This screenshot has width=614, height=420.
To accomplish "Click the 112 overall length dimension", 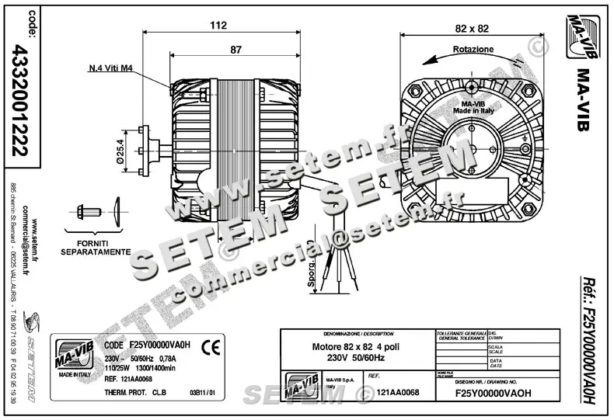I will pos(218,26).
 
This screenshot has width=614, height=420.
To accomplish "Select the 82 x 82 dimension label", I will pos(472,29).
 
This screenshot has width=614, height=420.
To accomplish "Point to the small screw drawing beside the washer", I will pos(87,210).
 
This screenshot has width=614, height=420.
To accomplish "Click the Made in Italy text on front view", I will pos(473,111).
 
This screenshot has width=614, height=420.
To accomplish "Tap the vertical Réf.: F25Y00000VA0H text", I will pos(590,341).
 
